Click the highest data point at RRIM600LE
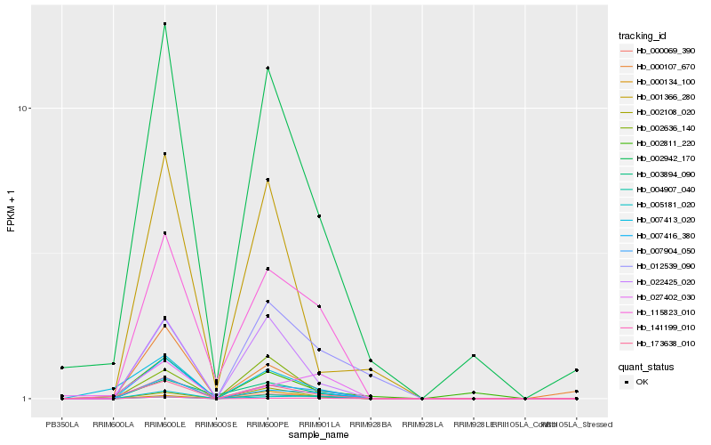pyautogui.click(x=164, y=24)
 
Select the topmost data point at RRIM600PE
pyautogui.click(x=268, y=68)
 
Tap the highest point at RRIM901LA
pyautogui.click(x=319, y=216)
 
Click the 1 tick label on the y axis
pyautogui.click(x=28, y=399)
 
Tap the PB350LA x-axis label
pyautogui.click(x=62, y=425)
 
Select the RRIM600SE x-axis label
pyautogui.click(x=216, y=425)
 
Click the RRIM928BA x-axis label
pyautogui.click(x=371, y=425)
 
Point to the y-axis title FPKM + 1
pyautogui.click(x=11, y=213)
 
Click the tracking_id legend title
pyautogui.click(x=643, y=36)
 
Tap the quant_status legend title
pyautogui.click(x=646, y=366)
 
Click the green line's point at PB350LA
pyautogui.click(x=62, y=368)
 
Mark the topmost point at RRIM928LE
pyautogui.click(x=474, y=355)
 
